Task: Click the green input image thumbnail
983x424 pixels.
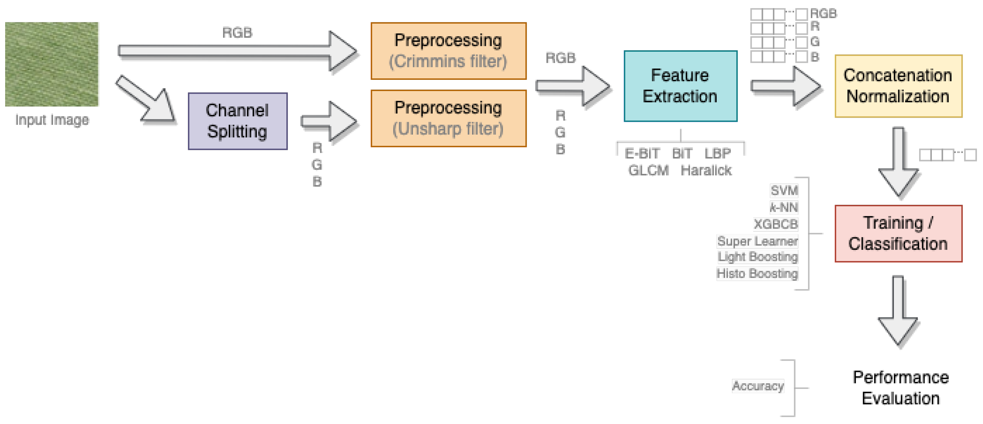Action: (x=51, y=64)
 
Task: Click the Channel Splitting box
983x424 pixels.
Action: (x=237, y=121)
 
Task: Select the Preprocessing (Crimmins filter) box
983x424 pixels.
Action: (x=448, y=51)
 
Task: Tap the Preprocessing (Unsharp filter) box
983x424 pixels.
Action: (x=448, y=118)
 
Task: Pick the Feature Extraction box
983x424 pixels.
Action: (x=680, y=86)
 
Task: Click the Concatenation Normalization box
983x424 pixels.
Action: (x=898, y=86)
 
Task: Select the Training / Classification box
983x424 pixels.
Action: (x=898, y=233)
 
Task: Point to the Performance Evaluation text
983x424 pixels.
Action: (x=901, y=388)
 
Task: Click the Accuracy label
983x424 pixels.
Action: (x=757, y=386)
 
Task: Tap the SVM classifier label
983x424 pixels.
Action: (x=784, y=190)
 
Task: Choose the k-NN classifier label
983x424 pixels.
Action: (x=784, y=207)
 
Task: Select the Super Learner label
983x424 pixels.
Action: (x=757, y=241)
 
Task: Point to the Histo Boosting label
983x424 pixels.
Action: (x=757, y=273)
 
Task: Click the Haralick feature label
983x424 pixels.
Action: (x=706, y=170)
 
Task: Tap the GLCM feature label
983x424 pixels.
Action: (x=648, y=170)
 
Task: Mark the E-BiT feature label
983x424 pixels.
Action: (x=642, y=153)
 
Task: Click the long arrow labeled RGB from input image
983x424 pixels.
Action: (x=236, y=51)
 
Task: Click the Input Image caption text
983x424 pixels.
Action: (x=52, y=120)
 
